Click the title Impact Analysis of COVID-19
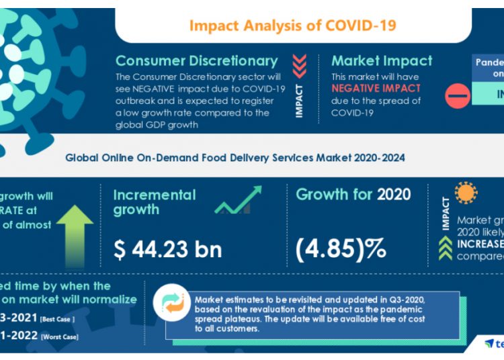292,26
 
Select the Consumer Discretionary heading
196,61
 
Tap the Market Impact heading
382,61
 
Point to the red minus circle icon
458,96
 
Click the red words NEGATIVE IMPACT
376,88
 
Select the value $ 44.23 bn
167,250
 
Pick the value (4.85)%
341,249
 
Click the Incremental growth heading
155,202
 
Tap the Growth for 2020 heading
353,195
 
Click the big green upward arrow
75,232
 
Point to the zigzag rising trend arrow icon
239,200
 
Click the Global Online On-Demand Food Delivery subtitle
235,159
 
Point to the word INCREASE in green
480,243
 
